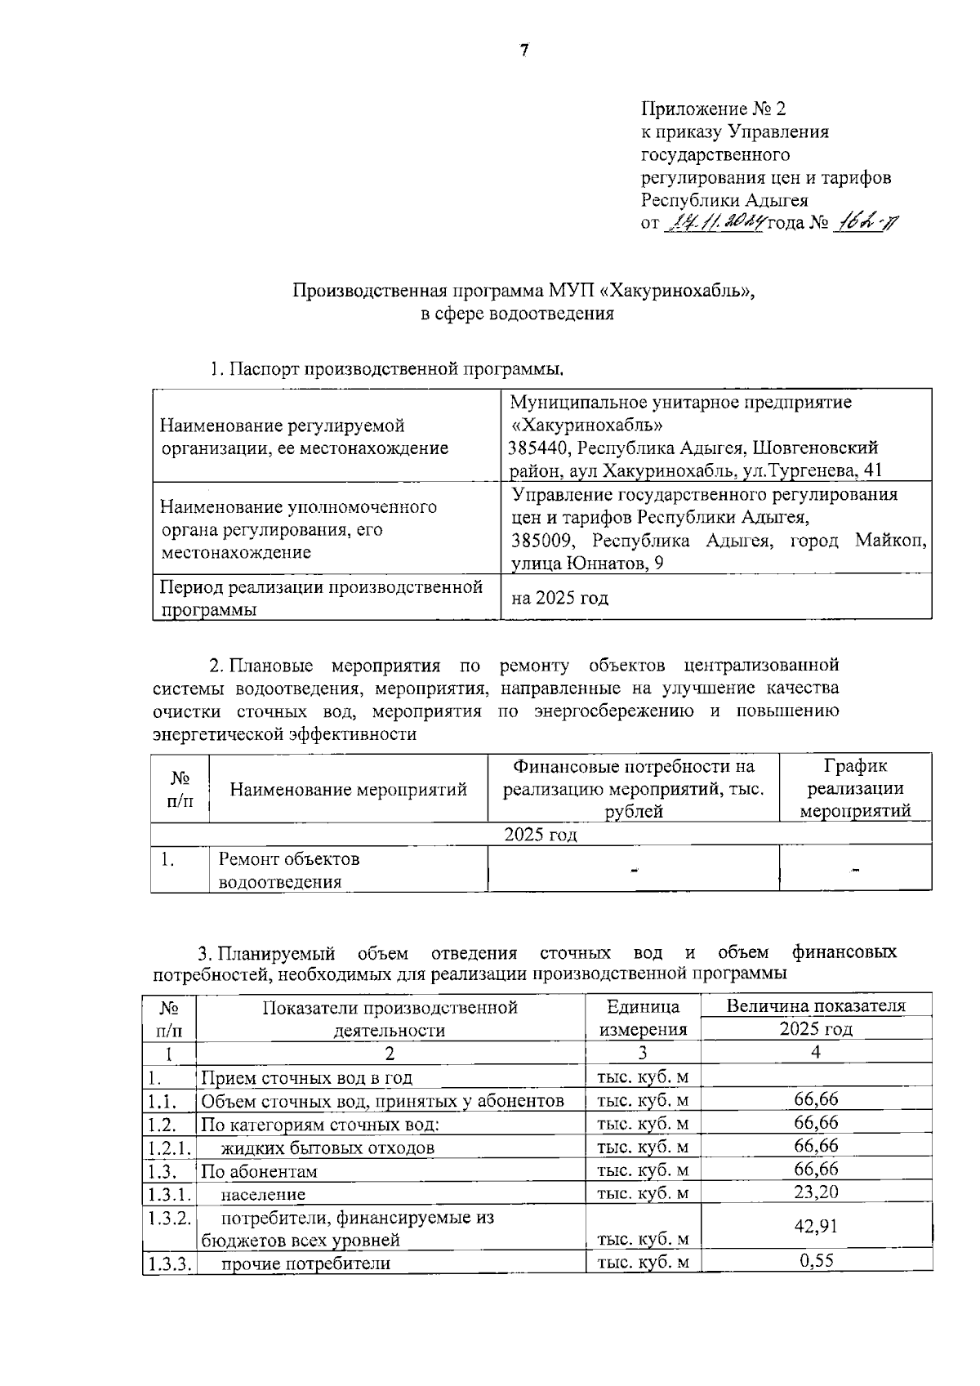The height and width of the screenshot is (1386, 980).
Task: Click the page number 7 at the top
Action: coord(524,51)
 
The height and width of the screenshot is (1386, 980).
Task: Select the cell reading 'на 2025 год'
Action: coord(559,598)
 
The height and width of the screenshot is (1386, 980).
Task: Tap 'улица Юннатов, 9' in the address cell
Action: coord(587,564)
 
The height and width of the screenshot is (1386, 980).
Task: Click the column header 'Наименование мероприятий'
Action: coord(349,789)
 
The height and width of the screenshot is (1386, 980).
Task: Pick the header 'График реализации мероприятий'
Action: coord(855,788)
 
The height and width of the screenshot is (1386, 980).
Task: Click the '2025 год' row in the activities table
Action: coord(540,834)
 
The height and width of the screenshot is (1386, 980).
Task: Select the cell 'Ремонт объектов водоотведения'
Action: coord(289,870)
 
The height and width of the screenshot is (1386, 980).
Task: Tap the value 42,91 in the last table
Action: coord(816,1226)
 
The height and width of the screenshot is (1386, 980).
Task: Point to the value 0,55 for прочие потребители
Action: coord(816,1260)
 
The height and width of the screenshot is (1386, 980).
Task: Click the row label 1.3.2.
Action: coord(170,1217)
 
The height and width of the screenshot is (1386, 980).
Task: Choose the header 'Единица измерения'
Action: coord(643,1018)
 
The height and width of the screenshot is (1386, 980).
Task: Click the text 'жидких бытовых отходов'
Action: coord(327,1148)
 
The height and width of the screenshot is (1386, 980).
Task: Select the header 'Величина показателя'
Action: coord(816,1005)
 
